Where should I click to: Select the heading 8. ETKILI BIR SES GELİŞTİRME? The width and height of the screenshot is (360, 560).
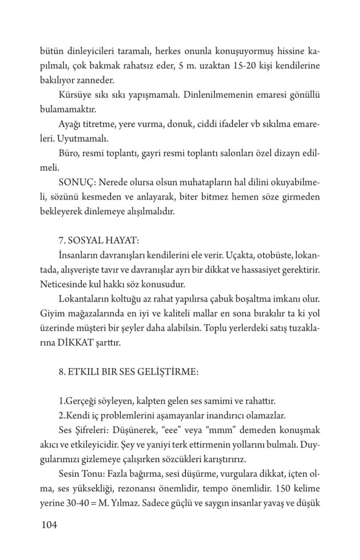click(128, 372)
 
